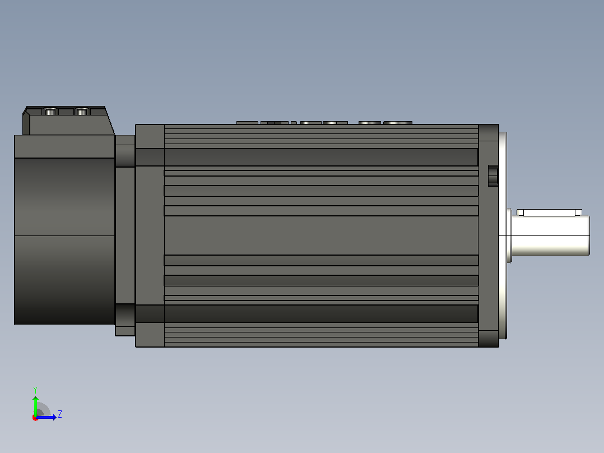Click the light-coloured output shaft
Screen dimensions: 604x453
(x=550, y=235)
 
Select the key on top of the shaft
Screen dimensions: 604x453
(x=549, y=212)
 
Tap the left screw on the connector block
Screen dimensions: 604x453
(x=50, y=112)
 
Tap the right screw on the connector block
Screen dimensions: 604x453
(x=82, y=112)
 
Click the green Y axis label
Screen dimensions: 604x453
(x=35, y=390)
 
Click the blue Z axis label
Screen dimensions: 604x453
(x=60, y=414)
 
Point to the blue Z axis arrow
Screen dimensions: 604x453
(x=46, y=417)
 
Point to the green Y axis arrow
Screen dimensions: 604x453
(x=35, y=406)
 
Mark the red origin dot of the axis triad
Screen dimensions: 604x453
(x=35, y=418)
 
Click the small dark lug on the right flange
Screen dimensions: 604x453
(x=493, y=175)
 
